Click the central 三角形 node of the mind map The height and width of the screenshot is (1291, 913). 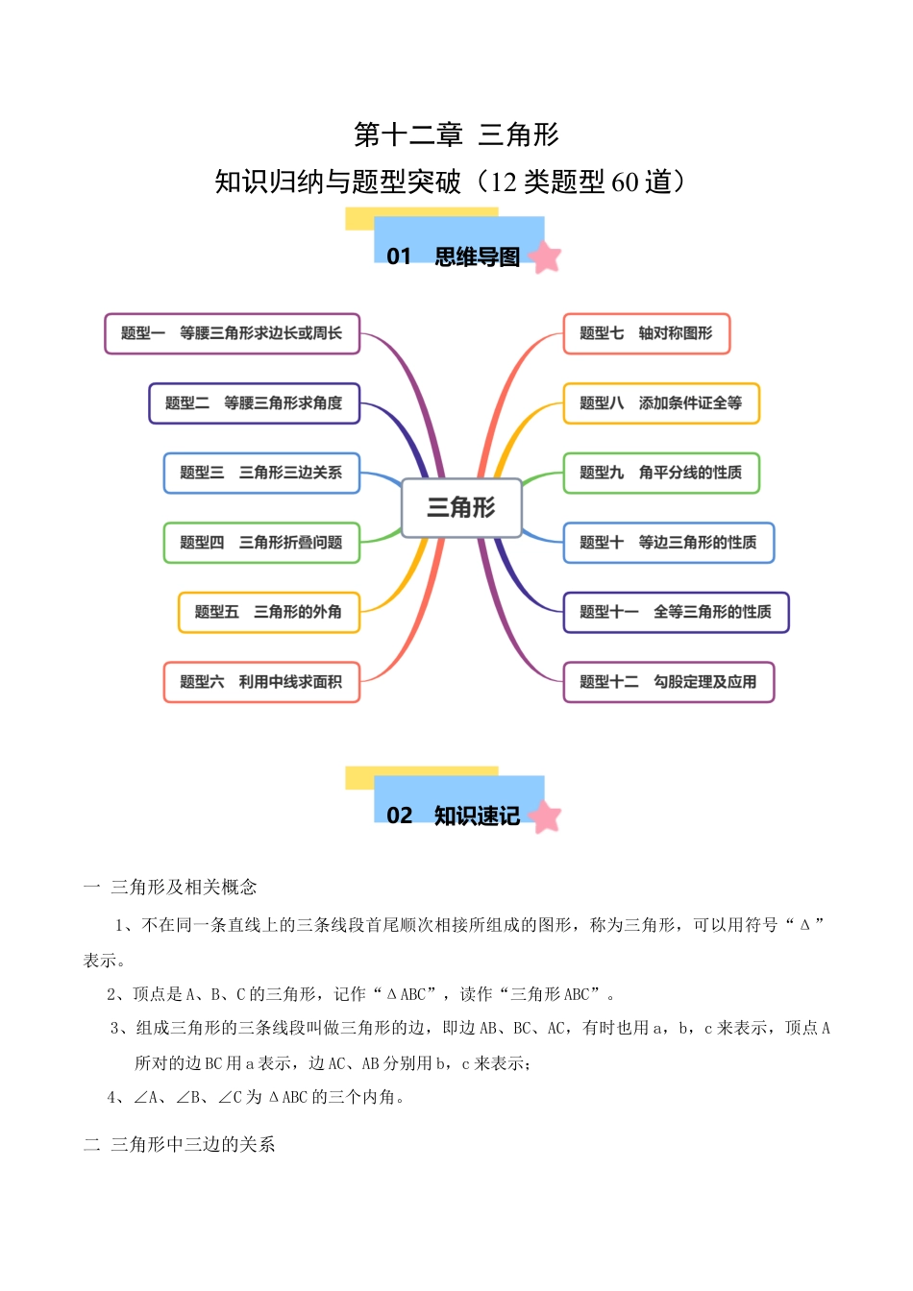tap(461, 507)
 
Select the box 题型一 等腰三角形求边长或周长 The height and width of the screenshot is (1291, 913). tap(232, 333)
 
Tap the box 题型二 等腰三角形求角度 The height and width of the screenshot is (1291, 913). tap(254, 403)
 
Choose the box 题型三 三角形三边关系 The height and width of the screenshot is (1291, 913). tap(261, 473)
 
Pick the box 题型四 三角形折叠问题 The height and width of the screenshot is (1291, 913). tap(261, 543)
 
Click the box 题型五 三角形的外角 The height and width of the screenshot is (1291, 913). tap(268, 612)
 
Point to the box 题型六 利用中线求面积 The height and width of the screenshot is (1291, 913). tap(261, 682)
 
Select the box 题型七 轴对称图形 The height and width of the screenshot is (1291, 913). tap(646, 333)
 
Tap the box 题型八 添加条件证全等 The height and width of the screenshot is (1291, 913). tap(661, 403)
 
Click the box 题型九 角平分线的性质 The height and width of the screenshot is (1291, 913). tap(661, 473)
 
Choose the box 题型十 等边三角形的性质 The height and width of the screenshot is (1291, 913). tap(668, 543)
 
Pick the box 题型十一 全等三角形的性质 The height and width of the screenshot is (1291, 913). tap(676, 612)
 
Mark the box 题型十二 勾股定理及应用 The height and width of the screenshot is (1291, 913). tap(668, 682)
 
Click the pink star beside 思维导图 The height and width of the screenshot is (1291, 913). tap(545, 256)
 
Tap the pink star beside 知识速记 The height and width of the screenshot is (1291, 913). tap(545, 816)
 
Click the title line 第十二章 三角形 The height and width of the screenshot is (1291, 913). tap(456, 134)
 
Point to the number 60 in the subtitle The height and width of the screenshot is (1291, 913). tap(625, 182)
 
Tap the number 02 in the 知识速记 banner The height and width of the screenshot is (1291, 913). tap(399, 816)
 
